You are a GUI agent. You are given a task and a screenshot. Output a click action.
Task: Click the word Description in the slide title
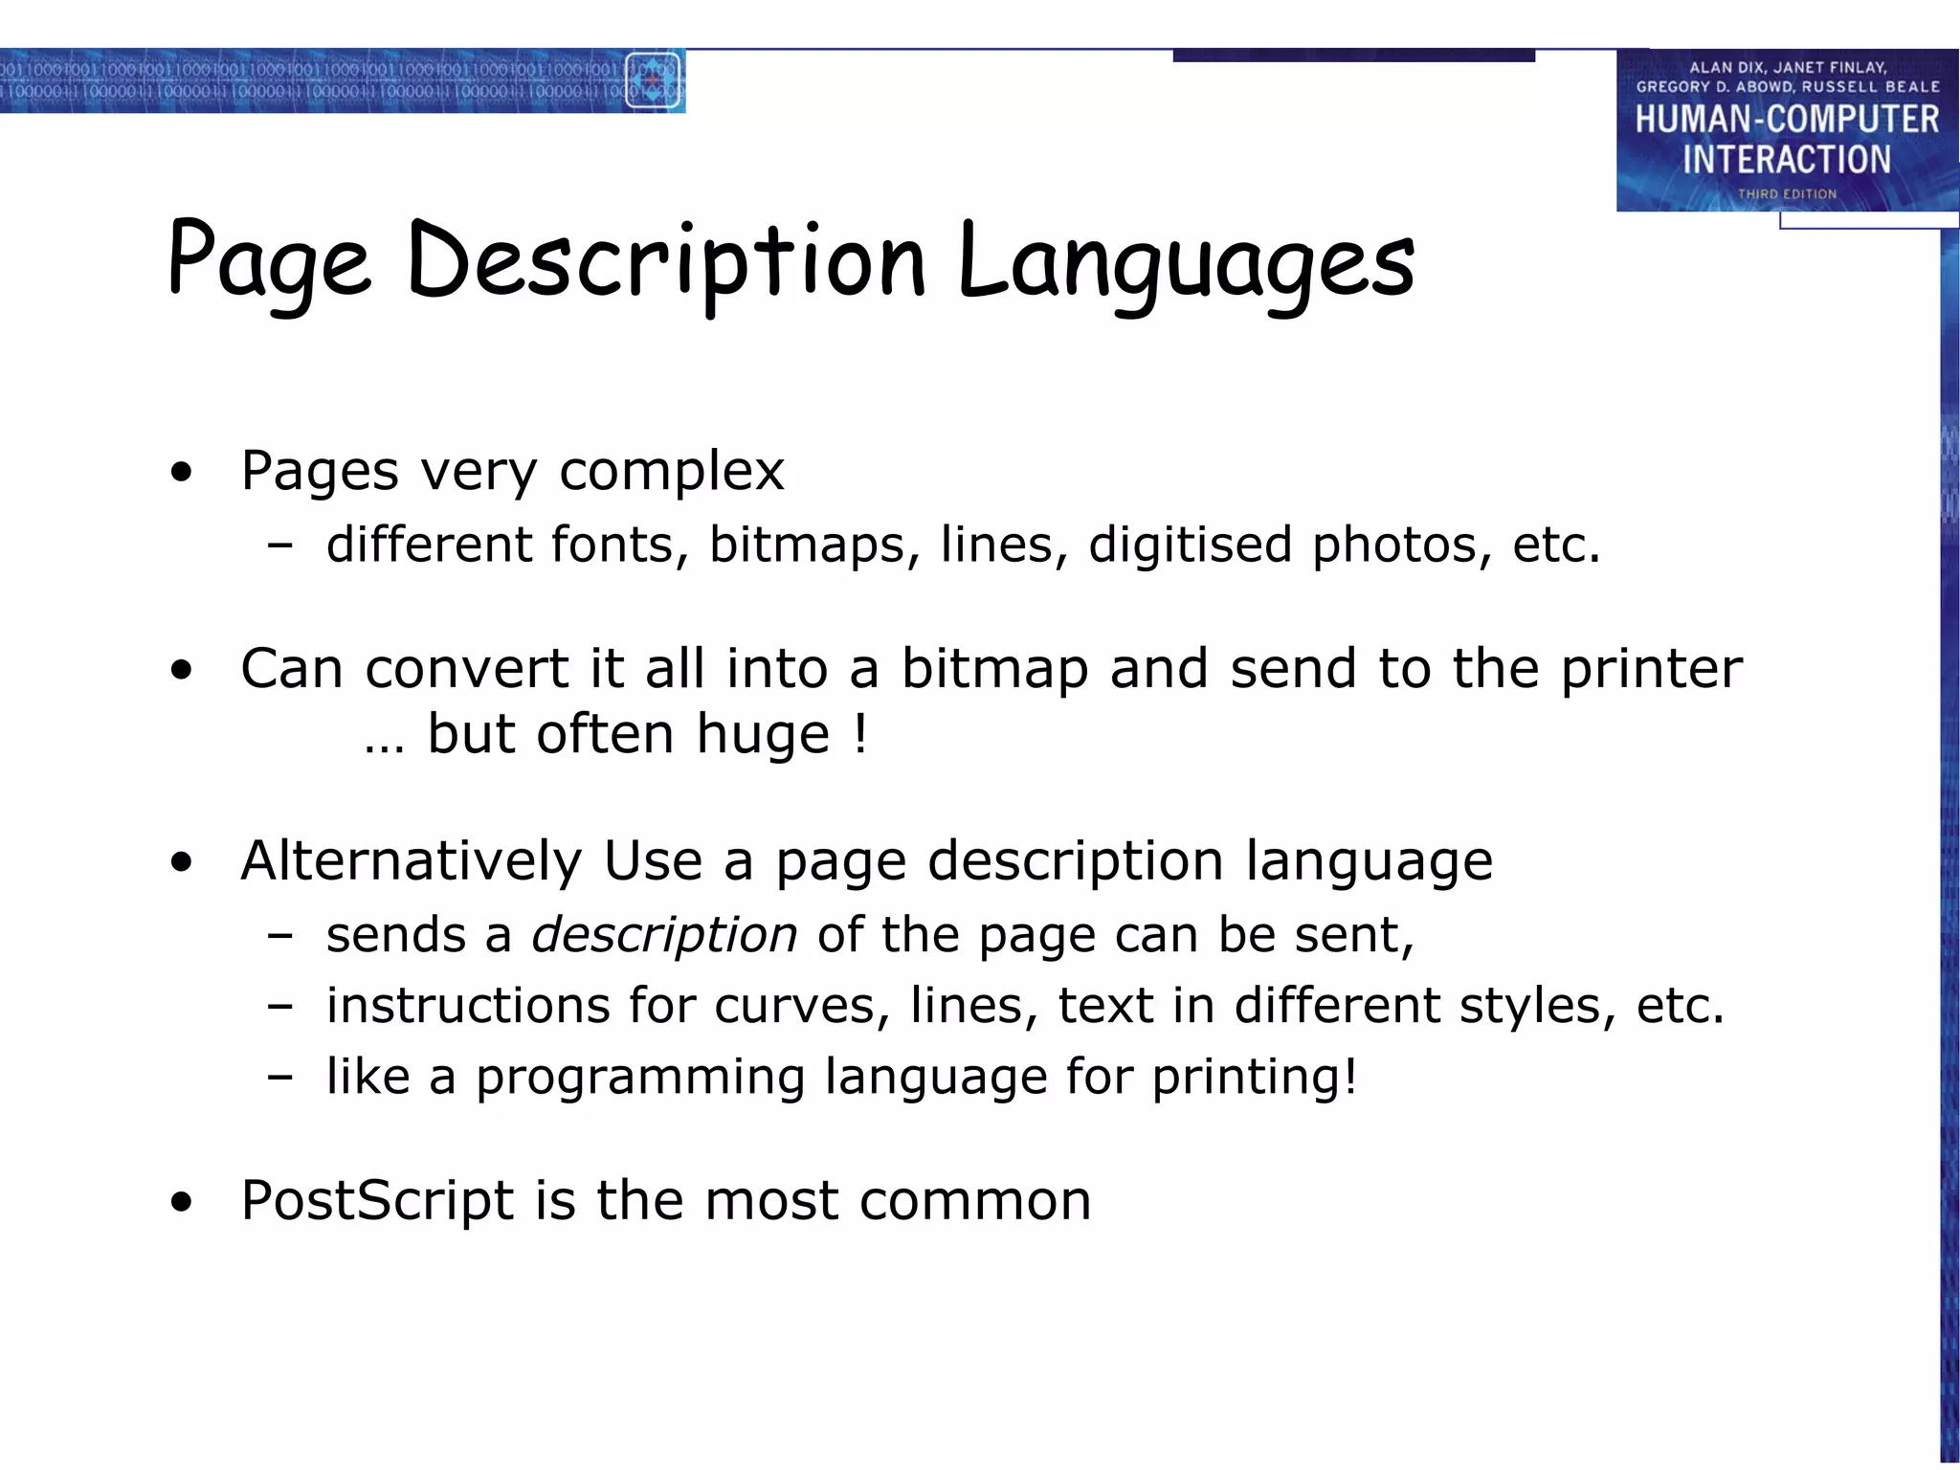tap(666, 260)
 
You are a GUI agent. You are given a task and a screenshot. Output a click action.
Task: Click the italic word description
tap(664, 935)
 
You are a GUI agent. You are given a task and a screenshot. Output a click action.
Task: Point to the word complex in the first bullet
tap(671, 471)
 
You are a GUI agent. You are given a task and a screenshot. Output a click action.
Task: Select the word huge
tap(763, 735)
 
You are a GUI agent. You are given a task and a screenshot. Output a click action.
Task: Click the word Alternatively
tap(411, 860)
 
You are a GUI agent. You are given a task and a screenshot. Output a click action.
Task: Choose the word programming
tap(640, 1078)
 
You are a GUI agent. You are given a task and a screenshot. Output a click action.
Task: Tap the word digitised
tap(1190, 545)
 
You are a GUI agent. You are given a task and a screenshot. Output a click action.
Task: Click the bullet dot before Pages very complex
tap(181, 472)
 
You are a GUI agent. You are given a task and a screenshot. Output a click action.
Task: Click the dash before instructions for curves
tap(280, 1007)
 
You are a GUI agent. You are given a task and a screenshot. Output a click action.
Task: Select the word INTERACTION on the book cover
tap(1787, 159)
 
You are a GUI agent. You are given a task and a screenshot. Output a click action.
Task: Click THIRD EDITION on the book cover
tap(1787, 194)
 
